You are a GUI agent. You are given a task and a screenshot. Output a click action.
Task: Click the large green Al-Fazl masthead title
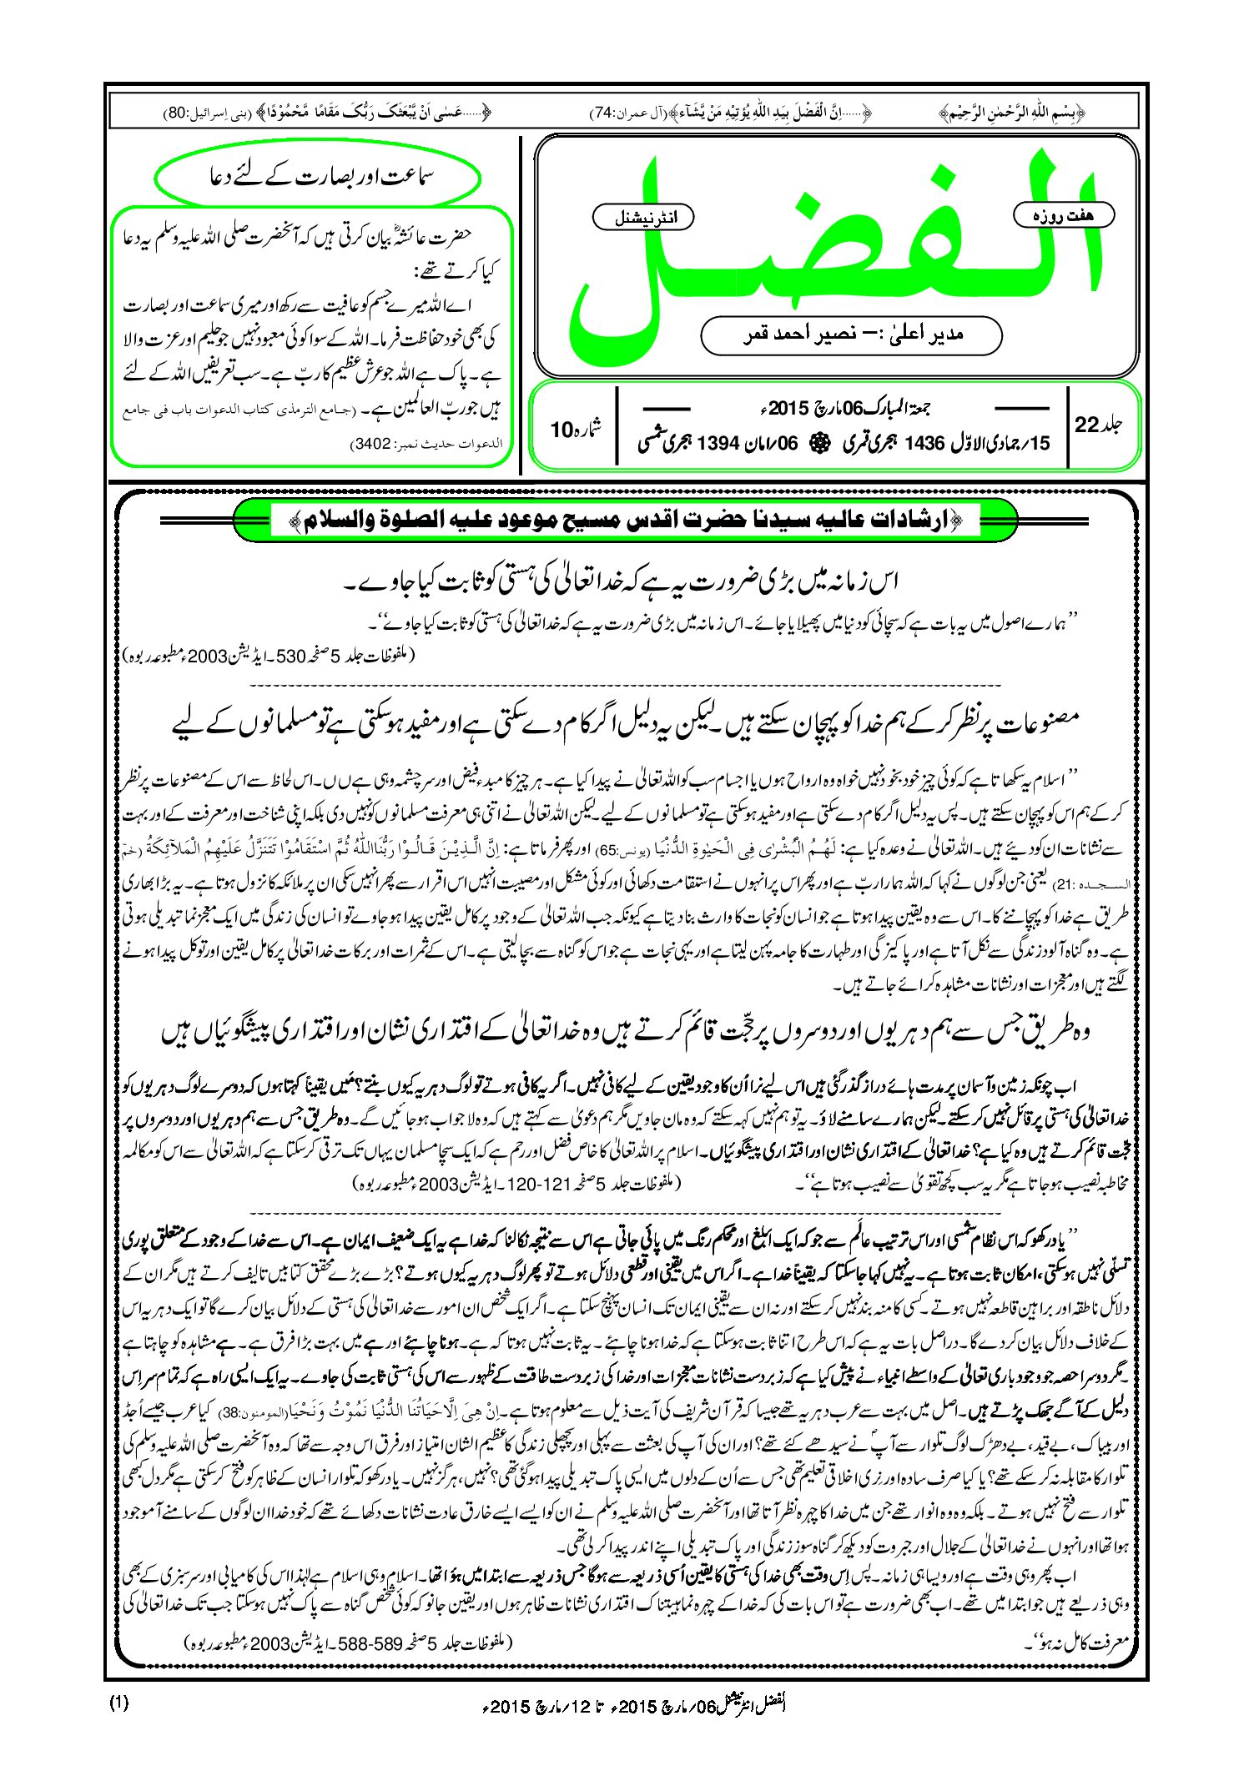click(834, 250)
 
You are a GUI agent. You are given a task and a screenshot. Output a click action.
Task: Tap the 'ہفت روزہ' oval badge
click(1064, 215)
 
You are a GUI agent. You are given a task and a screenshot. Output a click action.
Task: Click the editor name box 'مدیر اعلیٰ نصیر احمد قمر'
click(851, 335)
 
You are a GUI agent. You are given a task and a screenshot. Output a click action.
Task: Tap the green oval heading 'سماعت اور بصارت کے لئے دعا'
click(318, 178)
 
